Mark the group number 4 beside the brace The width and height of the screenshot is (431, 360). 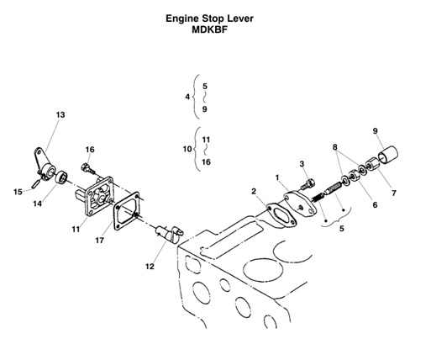187,98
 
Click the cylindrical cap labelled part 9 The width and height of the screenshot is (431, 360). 389,157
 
